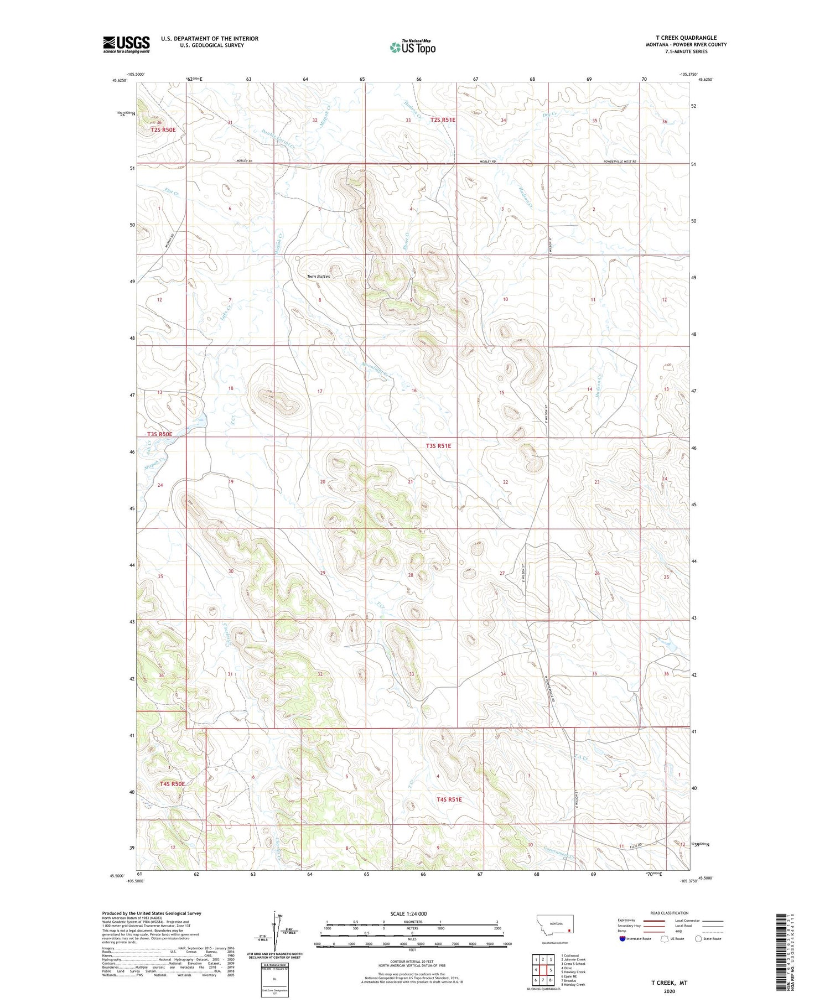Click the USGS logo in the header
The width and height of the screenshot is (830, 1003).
[x=126, y=44]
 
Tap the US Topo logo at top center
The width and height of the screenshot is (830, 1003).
[x=412, y=47]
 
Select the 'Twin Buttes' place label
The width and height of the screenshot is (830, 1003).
[x=318, y=276]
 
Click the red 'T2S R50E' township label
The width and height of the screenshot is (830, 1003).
[x=163, y=130]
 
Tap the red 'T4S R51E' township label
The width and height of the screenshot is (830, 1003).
[x=449, y=799]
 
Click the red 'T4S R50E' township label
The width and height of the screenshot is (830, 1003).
[x=172, y=784]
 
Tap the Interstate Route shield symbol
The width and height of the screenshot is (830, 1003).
[x=623, y=939]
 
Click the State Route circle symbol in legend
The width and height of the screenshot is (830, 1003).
[x=699, y=939]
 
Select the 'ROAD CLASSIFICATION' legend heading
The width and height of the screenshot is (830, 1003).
[x=670, y=913]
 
